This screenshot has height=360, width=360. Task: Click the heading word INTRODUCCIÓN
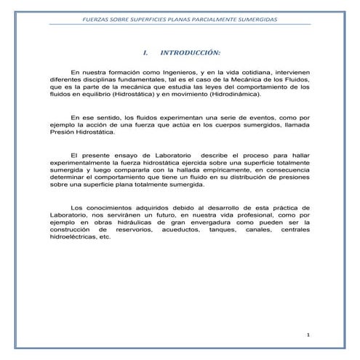[191, 53]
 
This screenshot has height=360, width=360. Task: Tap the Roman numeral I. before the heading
[146, 53]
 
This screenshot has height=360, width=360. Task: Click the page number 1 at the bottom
[308, 335]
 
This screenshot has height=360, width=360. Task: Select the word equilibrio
[94, 94]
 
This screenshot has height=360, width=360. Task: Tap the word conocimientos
[109, 208]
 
